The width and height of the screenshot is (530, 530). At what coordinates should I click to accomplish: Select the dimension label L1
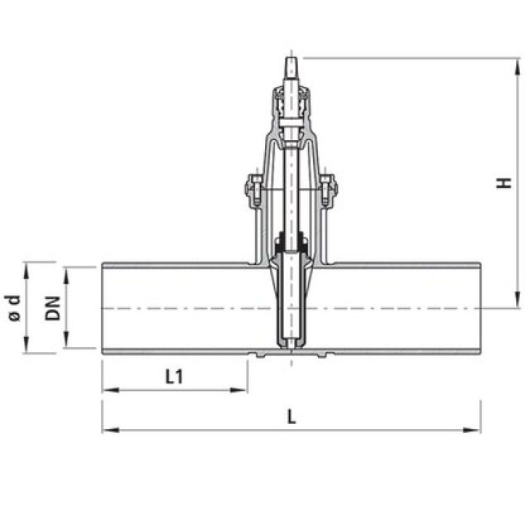tap(174, 377)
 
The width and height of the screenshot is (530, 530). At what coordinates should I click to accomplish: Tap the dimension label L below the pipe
tap(291, 418)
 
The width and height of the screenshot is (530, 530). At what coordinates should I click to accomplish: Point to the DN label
tap(53, 308)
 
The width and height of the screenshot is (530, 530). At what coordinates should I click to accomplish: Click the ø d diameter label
tap(12, 308)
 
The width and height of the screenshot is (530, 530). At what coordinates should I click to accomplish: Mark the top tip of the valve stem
tap(291, 58)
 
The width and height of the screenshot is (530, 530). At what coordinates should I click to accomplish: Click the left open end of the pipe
tap(103, 308)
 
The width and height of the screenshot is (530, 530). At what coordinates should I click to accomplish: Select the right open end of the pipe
tap(479, 308)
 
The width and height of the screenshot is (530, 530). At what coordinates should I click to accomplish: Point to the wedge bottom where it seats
tap(291, 346)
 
